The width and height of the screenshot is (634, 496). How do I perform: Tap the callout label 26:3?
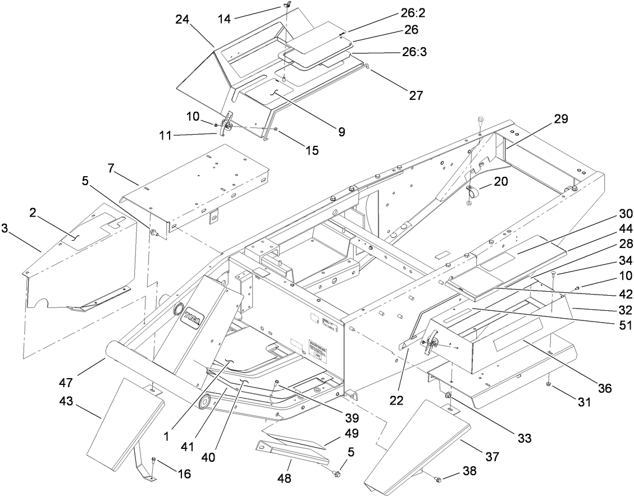click(x=415, y=53)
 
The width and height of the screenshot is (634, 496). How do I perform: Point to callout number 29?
click(x=560, y=119)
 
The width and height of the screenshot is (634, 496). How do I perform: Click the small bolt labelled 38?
click(x=439, y=478)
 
